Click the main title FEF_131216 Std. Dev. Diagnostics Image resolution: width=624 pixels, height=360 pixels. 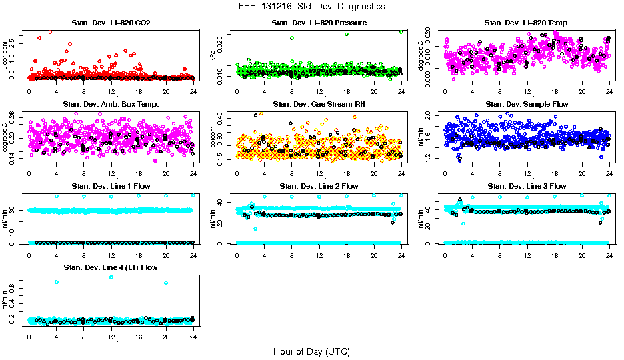click(311, 7)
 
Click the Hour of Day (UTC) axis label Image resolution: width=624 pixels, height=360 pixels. click(311, 351)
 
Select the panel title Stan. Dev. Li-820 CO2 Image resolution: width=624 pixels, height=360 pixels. click(111, 23)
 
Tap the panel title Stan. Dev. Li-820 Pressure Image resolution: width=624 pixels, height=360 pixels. click(319, 23)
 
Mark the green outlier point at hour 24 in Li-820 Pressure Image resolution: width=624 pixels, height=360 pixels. click(401, 31)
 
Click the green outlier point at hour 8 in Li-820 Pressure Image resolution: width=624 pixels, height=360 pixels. click(292, 38)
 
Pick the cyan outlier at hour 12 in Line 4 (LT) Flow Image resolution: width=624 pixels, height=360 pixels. click(111, 277)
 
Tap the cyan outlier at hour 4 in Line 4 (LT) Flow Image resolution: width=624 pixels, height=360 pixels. click(57, 282)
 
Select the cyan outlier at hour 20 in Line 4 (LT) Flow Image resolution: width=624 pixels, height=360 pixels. click(166, 283)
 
